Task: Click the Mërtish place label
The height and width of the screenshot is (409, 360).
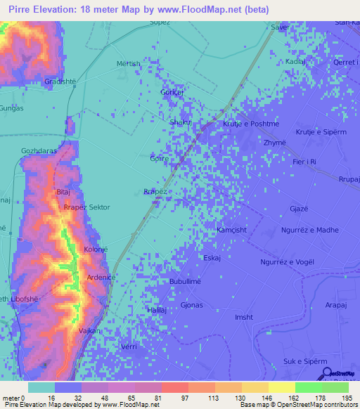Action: tap(129, 63)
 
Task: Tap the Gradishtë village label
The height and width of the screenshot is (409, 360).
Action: tap(60, 81)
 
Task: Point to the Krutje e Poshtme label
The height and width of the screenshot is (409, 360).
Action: tap(251, 124)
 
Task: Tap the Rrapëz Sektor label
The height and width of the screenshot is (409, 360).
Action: tap(86, 208)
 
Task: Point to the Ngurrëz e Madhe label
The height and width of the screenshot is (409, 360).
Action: tap(309, 230)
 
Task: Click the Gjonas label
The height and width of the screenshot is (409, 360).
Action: tap(192, 305)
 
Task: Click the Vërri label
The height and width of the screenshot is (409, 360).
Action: tap(129, 347)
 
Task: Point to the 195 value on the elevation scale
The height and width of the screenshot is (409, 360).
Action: tap(347, 398)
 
